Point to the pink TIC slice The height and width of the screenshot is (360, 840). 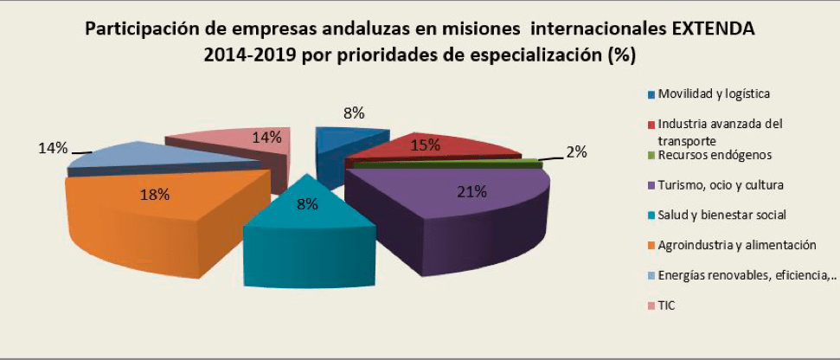[234, 143]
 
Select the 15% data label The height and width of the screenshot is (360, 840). [424, 145]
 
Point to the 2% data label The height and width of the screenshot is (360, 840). [576, 152]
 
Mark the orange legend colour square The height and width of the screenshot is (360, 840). [650, 246]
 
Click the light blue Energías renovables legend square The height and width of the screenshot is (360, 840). [650, 276]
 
